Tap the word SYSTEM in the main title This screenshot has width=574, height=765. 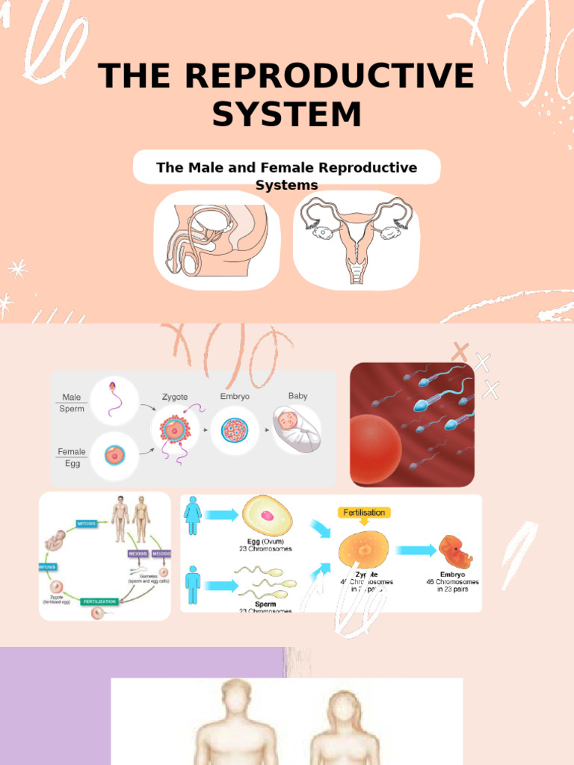pyautogui.click(x=287, y=114)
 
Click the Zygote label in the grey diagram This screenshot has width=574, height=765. pyautogui.click(x=174, y=397)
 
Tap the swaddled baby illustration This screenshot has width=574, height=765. pyautogui.click(x=295, y=430)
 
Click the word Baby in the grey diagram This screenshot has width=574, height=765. pyautogui.click(x=297, y=396)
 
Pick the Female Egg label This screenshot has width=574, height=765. pyautogui.click(x=72, y=457)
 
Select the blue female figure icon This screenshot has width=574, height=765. pyautogui.click(x=193, y=516)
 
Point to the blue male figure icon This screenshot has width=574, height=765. pyautogui.click(x=193, y=583)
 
